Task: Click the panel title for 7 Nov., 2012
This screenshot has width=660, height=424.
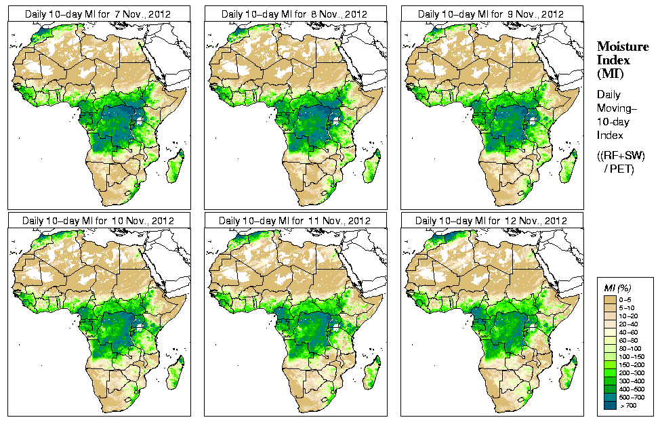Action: point(98,14)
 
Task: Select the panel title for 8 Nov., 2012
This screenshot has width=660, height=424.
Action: point(295,14)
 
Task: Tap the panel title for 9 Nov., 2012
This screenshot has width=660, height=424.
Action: point(491,14)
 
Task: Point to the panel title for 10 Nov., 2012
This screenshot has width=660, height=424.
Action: point(98,221)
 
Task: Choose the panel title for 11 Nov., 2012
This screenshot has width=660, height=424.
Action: point(295,221)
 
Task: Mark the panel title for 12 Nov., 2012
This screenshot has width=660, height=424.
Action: point(491,221)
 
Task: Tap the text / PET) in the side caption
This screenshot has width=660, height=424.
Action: point(619,169)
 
